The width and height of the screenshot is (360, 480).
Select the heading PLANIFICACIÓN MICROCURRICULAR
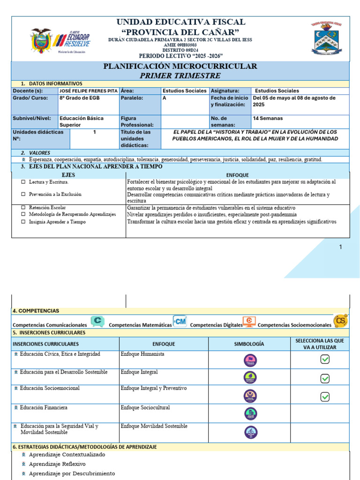(x=180, y=66)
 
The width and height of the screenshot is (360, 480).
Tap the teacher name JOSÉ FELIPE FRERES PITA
(x=89, y=90)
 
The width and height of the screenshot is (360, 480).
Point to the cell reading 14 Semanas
(x=268, y=119)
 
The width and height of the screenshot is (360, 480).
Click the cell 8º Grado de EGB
(x=79, y=98)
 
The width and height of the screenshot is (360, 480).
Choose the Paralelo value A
(x=164, y=98)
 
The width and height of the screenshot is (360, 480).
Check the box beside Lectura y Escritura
(x=23, y=182)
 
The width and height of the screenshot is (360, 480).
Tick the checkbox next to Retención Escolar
(x=23, y=207)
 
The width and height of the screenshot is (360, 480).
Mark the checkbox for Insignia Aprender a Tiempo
(x=23, y=222)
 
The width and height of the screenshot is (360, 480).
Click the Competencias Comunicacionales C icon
(x=97, y=321)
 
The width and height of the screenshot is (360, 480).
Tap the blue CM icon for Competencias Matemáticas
(x=180, y=321)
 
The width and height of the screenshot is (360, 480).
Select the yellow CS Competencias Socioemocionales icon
(x=340, y=321)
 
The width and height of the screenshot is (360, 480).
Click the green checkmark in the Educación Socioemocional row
(x=325, y=397)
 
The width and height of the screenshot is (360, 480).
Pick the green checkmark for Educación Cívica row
(x=325, y=359)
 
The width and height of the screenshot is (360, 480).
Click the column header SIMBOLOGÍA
(x=249, y=344)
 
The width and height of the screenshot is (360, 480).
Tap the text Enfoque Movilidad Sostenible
(x=154, y=426)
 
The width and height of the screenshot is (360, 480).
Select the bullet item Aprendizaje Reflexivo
(x=57, y=464)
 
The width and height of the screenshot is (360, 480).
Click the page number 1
(x=341, y=247)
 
